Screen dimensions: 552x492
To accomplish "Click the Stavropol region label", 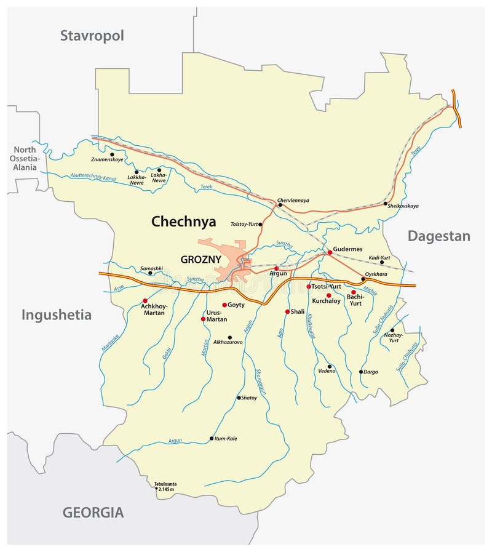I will click(92, 36).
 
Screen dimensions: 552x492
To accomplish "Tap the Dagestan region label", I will click(438, 236).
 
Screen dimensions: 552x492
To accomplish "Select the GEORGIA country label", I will click(93, 512).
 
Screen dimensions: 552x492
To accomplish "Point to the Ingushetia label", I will click(57, 315).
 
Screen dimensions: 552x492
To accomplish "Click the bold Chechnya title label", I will click(184, 222).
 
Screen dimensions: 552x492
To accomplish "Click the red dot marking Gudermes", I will click(330, 252).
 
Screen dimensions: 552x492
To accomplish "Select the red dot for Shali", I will click(287, 312).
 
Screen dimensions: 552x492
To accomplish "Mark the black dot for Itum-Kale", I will click(212, 439).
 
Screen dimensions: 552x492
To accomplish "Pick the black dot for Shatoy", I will click(239, 398).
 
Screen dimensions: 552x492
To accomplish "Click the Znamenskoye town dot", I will click(112, 154).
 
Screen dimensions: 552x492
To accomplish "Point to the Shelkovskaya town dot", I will click(386, 204).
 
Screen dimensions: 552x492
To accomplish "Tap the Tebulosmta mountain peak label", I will click(165, 486).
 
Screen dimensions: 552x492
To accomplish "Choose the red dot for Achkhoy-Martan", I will click(145, 301).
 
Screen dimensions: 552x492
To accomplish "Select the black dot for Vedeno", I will click(330, 366).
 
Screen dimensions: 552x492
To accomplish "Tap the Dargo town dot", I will click(361, 372).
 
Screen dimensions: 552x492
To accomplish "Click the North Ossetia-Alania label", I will click(25, 158).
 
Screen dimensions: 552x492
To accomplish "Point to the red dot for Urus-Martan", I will click(203, 319).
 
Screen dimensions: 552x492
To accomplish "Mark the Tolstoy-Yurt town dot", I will click(261, 224).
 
